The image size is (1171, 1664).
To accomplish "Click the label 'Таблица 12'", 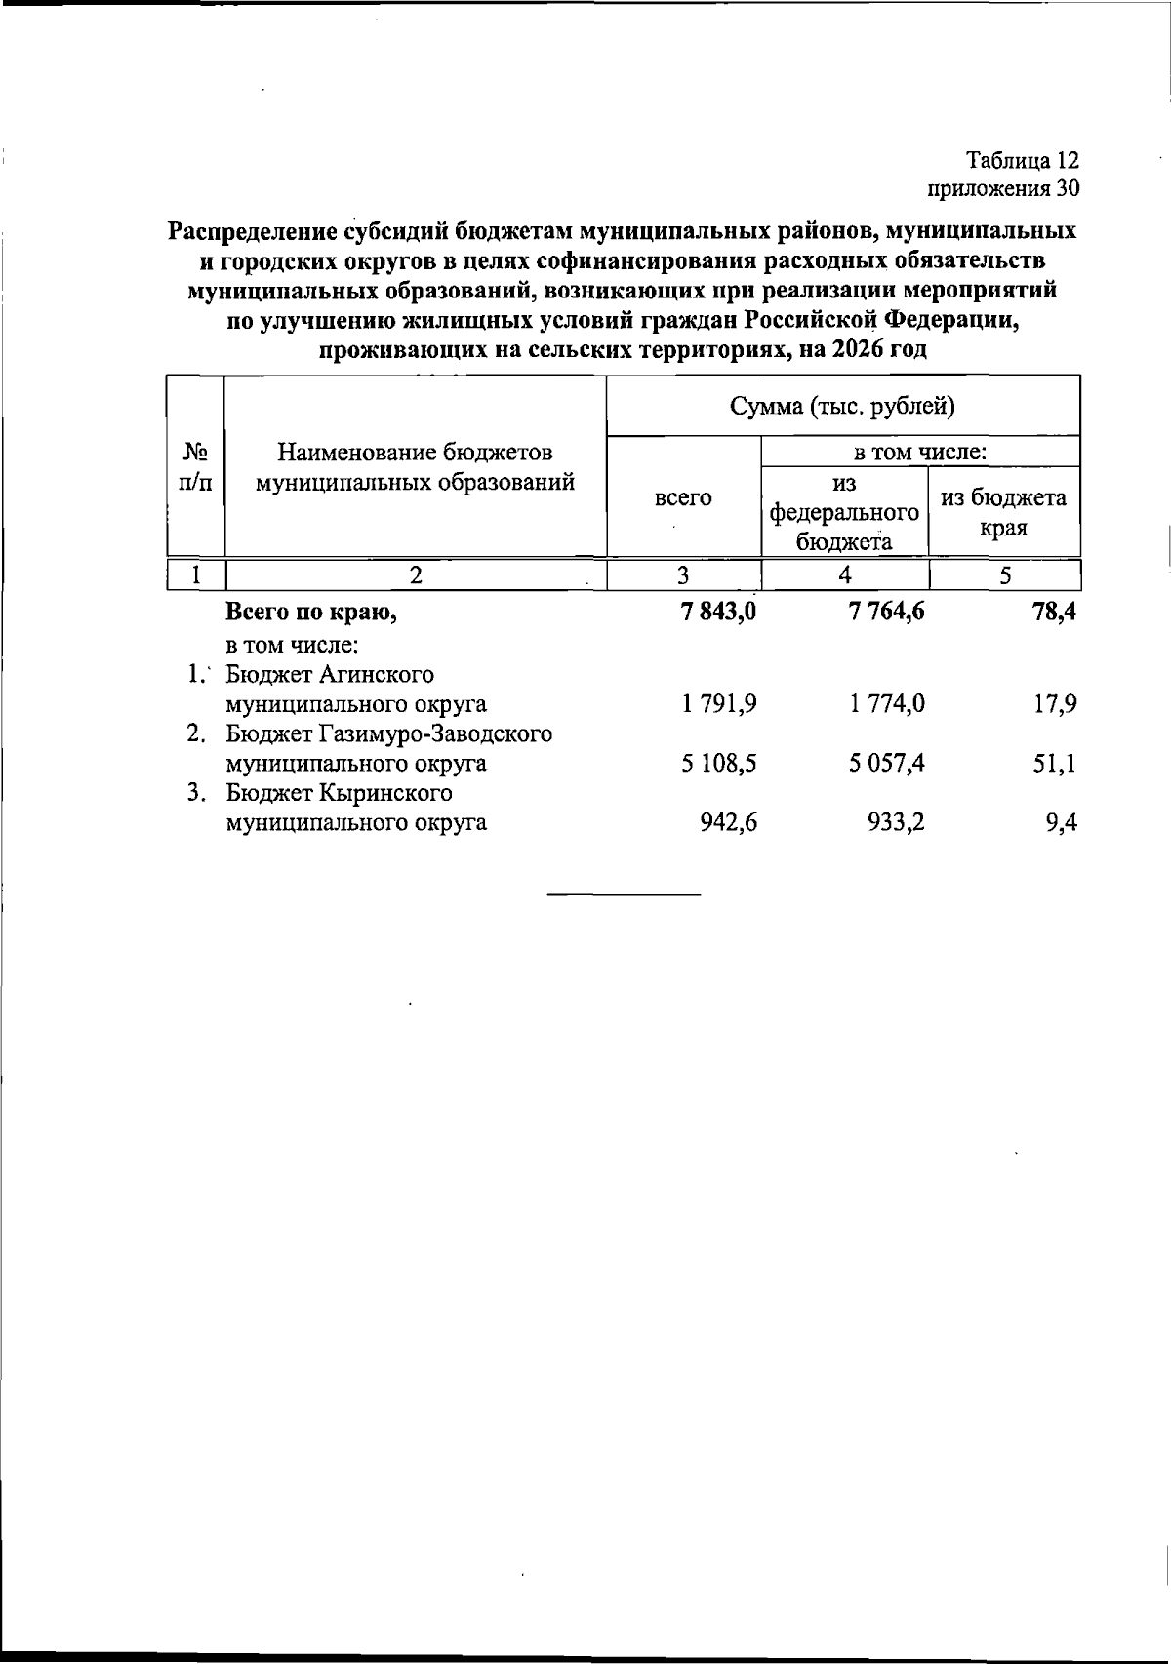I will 1022,159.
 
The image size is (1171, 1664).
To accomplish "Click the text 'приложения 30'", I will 1003,188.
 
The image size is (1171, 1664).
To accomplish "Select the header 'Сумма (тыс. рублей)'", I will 843,406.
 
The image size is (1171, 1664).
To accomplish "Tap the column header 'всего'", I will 683,497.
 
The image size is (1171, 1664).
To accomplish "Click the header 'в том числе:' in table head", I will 920,452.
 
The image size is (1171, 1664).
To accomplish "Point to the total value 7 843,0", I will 720,613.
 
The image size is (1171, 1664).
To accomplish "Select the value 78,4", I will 1055,613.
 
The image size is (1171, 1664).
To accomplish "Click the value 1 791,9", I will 720,704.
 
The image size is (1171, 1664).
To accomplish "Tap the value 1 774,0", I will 887,704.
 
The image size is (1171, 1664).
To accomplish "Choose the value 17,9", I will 1056,704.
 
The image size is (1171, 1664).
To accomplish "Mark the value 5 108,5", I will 720,763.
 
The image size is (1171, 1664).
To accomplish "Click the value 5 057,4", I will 887,763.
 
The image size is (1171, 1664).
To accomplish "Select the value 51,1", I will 1056,763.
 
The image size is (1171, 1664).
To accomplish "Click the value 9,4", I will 1062,822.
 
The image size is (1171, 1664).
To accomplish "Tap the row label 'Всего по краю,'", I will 311,613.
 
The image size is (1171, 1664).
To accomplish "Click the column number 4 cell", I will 844,574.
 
